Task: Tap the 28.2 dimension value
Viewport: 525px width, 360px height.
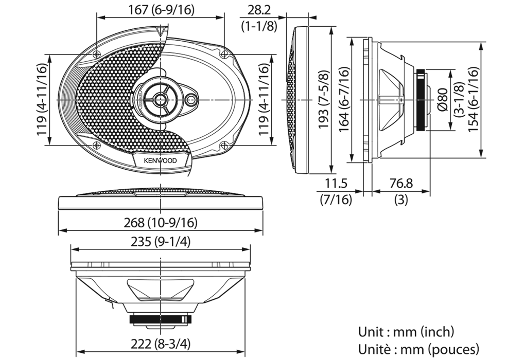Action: tap(259, 10)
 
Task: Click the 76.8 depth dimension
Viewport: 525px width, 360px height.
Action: tap(401, 184)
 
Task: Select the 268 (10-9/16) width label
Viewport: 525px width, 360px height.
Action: tap(161, 222)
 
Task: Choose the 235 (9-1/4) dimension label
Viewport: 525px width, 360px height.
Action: tap(161, 242)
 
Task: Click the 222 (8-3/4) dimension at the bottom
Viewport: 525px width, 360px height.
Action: tap(161, 344)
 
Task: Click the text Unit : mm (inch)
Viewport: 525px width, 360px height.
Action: tap(406, 332)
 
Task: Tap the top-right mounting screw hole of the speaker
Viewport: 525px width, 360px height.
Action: tap(223, 53)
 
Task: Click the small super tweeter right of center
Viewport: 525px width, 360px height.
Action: tap(192, 100)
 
